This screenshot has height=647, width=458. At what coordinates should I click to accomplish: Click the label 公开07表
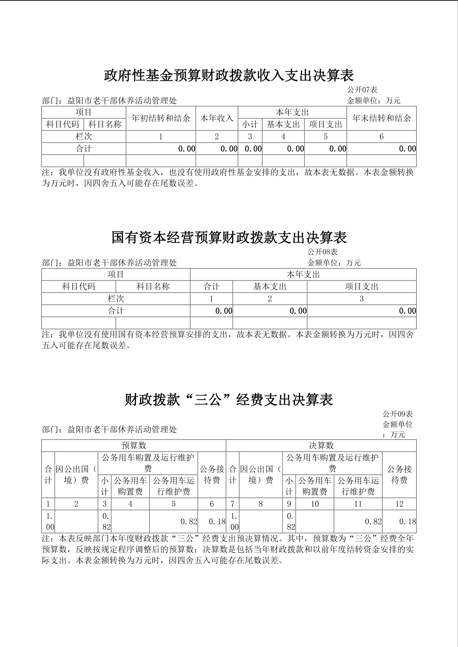click(x=362, y=90)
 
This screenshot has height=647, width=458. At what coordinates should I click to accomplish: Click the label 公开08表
click(x=323, y=252)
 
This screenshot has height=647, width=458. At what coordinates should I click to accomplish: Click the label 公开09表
click(x=398, y=414)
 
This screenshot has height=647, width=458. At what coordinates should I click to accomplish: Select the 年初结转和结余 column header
click(x=161, y=118)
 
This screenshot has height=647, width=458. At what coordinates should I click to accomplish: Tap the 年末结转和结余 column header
click(x=381, y=118)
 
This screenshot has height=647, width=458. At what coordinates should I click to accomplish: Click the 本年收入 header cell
click(x=217, y=118)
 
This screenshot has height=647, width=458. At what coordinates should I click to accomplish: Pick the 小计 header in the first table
click(x=250, y=125)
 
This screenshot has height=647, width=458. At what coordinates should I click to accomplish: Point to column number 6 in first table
click(x=381, y=137)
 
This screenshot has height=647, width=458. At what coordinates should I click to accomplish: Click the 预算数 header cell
click(x=134, y=446)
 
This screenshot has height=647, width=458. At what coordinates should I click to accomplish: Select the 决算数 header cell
click(x=321, y=446)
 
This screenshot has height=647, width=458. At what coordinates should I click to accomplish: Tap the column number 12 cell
click(x=399, y=504)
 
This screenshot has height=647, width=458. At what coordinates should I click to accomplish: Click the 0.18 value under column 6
click(x=217, y=522)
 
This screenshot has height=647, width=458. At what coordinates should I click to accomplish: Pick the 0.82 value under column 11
click(x=373, y=522)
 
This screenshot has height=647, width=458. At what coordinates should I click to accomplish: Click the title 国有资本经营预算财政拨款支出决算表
click(x=229, y=237)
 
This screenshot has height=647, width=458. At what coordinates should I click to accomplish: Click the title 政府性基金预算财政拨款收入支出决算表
click(x=229, y=75)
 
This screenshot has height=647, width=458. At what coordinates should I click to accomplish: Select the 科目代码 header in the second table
click(x=79, y=287)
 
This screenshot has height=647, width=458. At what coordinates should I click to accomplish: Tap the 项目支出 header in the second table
click(x=361, y=287)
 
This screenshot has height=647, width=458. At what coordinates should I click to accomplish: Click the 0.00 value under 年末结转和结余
click(x=407, y=149)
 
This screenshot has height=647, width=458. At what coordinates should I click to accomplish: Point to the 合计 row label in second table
click(x=116, y=311)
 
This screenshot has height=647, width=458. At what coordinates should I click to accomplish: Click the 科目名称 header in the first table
click(x=105, y=125)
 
